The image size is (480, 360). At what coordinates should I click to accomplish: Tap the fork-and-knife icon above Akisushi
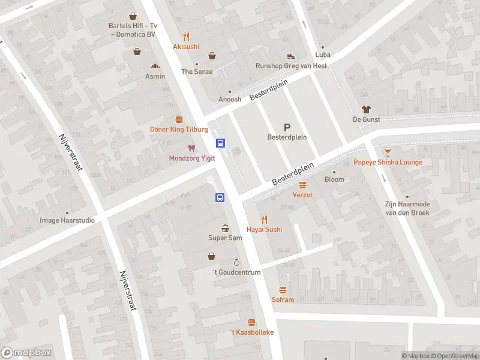click(x=186, y=36)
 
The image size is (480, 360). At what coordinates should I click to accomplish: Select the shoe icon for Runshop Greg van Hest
click(x=291, y=56)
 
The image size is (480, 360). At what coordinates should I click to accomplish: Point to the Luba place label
click(x=323, y=53)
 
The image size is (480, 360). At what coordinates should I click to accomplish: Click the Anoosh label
click(x=229, y=100)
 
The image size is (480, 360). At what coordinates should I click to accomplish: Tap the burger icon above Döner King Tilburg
click(x=179, y=119)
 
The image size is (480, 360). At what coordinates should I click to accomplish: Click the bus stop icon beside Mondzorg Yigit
click(x=221, y=143)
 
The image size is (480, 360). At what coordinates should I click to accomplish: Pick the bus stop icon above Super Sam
click(x=220, y=197)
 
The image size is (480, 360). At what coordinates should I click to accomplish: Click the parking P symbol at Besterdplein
click(x=287, y=127)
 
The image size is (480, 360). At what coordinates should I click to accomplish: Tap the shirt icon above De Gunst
click(x=365, y=109)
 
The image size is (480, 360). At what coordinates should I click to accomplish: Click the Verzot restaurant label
click(x=302, y=195)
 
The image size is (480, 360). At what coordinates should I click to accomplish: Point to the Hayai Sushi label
click(x=264, y=229)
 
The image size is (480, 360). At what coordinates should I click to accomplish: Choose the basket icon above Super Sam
click(x=225, y=228)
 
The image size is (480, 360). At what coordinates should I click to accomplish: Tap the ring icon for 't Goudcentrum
click(x=236, y=262)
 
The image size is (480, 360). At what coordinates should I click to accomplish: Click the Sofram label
click(x=283, y=299)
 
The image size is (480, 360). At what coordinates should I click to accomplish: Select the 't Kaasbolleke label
click(x=252, y=332)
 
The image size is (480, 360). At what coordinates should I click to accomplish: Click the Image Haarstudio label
click(x=67, y=220)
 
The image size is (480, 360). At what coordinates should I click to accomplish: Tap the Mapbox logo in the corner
click(x=26, y=353)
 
